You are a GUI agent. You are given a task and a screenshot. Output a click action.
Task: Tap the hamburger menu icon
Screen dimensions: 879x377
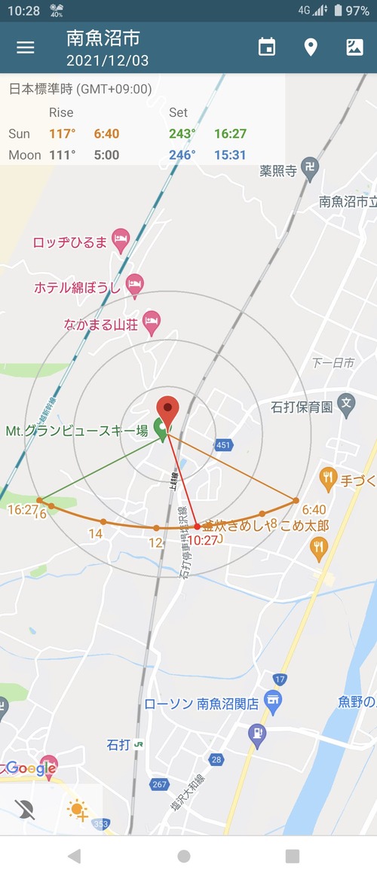coord(26,47)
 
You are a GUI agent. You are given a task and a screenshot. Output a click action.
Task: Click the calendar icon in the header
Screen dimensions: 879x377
coord(267,47)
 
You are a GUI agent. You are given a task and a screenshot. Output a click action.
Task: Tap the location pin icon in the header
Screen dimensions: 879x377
coord(311,47)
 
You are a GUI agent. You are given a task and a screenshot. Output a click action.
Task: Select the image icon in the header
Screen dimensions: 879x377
coord(354,47)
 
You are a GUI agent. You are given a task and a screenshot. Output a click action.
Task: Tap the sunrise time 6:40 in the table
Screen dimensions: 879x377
coord(106,133)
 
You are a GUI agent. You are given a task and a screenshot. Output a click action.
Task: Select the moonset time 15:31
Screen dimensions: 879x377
coord(230,154)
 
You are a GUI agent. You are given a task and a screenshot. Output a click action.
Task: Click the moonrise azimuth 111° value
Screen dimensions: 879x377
coord(63,154)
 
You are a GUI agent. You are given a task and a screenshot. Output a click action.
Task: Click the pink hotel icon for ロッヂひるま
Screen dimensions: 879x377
coord(121,241)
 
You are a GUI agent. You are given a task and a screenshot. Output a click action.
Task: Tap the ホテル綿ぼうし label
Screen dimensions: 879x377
coord(78,287)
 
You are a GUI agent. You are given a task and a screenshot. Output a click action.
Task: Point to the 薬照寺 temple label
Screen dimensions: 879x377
coord(277,171)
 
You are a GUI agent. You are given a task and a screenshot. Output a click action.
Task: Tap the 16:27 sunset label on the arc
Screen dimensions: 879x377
coord(23,510)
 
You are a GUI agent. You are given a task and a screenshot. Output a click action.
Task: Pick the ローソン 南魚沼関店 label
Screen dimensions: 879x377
coord(201,704)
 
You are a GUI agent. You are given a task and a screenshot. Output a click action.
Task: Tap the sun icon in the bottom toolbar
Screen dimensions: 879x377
coord(78,810)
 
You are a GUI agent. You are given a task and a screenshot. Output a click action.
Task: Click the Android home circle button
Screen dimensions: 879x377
coord(184,856)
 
